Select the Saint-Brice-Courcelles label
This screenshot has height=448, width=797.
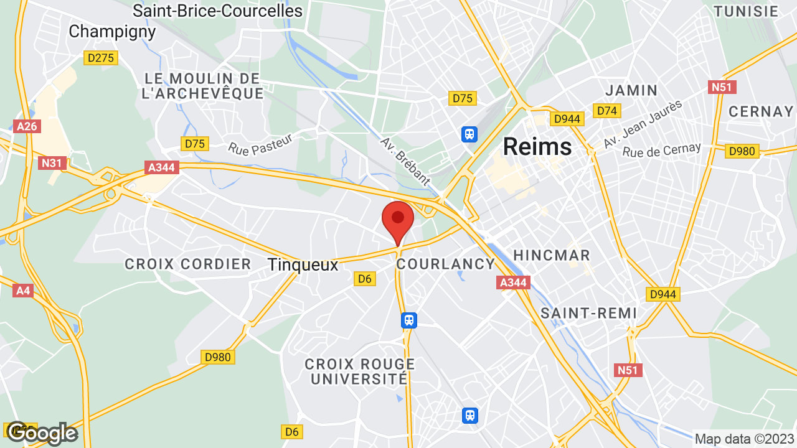tap(217, 11)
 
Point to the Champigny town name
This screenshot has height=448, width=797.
tap(112, 31)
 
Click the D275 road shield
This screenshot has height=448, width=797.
tap(101, 58)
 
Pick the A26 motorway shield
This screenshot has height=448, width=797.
tap(27, 126)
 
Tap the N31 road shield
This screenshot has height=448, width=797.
tap(52, 163)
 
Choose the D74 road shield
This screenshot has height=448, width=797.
tap(606, 111)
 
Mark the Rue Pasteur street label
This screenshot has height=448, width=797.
tap(260, 146)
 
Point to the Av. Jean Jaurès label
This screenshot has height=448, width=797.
tap(643, 124)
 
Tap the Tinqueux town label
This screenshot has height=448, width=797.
tap(303, 264)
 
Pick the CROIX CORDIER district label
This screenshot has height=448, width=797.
tap(188, 264)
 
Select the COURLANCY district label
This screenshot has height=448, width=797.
tap(445, 264)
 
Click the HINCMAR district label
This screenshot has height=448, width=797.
tap(551, 255)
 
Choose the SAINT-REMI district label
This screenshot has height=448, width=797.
tap(588, 313)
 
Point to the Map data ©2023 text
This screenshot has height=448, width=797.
tap(744, 439)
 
